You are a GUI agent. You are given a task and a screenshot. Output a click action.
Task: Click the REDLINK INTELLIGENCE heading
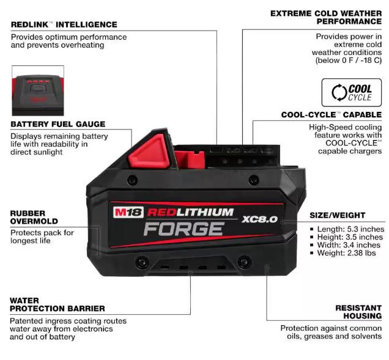[64, 24]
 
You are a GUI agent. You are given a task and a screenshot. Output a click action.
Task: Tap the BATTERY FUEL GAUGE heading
[58, 124]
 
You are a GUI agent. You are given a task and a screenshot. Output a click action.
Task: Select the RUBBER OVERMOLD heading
[34, 217]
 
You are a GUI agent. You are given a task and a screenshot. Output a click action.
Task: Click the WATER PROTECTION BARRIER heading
[57, 304]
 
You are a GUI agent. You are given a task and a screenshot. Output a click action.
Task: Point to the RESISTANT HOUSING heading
[358, 312]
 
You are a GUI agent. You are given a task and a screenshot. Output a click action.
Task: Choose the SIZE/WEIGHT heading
[338, 215]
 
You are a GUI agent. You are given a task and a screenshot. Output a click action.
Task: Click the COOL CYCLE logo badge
[352, 92]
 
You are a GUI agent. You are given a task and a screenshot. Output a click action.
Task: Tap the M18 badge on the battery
[128, 213]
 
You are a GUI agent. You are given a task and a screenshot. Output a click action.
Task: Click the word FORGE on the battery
[184, 229]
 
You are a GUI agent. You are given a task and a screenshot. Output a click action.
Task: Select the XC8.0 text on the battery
[259, 219]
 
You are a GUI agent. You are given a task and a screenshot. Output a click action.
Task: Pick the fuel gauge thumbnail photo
[38, 90]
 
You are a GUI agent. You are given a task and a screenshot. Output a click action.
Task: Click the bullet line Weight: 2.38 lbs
[343, 253]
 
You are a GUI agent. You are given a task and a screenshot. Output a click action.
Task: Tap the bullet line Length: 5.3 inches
[347, 229]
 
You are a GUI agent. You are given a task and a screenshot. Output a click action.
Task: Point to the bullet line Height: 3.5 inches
[346, 237]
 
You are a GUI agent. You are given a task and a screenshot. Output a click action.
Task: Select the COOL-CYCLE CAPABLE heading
[332, 115]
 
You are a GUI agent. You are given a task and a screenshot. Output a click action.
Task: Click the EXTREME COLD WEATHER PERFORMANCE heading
[326, 17]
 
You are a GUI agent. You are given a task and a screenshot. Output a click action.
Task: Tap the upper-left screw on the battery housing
[132, 179]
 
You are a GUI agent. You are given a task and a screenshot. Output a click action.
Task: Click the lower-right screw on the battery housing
[244, 261]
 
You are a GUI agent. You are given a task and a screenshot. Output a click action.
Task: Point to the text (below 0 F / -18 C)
[349, 61]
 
